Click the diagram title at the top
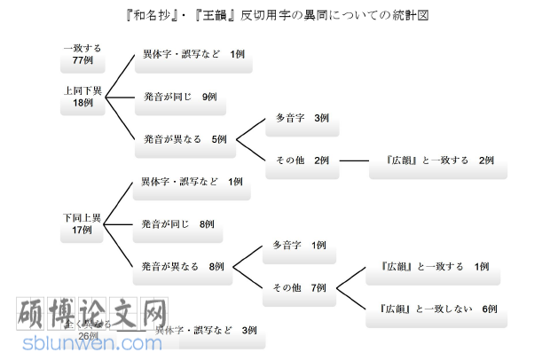coord(276,16)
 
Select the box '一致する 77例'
coord(82,56)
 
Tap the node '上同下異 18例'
coord(82,97)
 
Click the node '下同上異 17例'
coord(82,224)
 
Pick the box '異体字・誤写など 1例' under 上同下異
coord(192,56)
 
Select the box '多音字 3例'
coord(302,119)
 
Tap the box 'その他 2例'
coord(302,161)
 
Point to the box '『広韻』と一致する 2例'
coord(439,161)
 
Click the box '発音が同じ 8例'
coord(177,225)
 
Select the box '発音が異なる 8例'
coord(183,267)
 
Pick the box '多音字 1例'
coord(299,246)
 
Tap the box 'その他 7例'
coord(299,288)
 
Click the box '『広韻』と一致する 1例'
coord(433,267)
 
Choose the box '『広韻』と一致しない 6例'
coord(437,309)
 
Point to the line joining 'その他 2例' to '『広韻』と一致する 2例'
coord(354,161)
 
